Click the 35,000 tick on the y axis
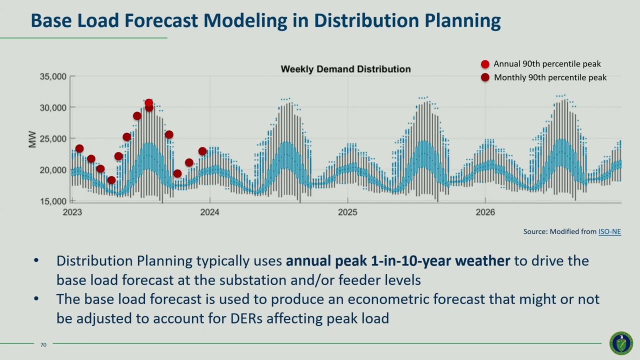pyautogui.click(x=53, y=76)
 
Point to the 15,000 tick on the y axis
pyautogui.click(x=53, y=201)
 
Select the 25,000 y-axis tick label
pyautogui.click(x=53, y=138)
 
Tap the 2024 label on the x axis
pyautogui.click(x=209, y=212)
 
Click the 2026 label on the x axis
pyautogui.click(x=485, y=212)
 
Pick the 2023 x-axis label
pyautogui.click(x=72, y=212)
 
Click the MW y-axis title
pyautogui.click(x=32, y=139)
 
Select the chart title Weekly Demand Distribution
pyautogui.click(x=345, y=69)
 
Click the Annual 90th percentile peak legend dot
pyautogui.click(x=485, y=64)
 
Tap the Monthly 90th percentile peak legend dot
pyautogui.click(x=485, y=77)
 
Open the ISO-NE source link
pyautogui.click(x=609, y=231)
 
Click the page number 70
pyautogui.click(x=43, y=344)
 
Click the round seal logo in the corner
pyautogui.click(x=621, y=343)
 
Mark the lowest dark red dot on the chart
pyautogui.click(x=111, y=180)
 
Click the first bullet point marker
pyautogui.click(x=36, y=261)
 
